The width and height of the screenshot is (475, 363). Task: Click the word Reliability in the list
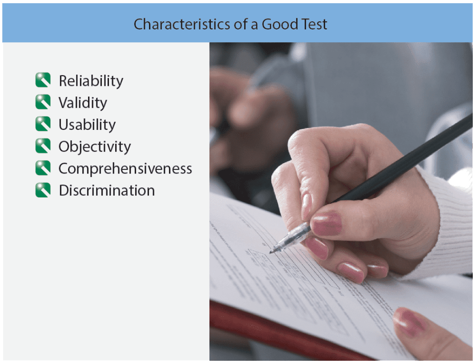[x=91, y=81]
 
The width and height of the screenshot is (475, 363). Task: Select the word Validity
[x=83, y=103]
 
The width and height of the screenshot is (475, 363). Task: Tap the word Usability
[x=87, y=125]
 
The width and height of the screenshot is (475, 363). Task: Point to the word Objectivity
[x=95, y=147]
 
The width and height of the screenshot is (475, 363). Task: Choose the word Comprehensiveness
[x=125, y=169]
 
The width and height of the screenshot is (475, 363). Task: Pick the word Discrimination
[x=107, y=190]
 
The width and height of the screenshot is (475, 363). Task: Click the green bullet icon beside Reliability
[x=43, y=80]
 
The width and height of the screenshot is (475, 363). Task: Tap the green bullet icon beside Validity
[x=43, y=102]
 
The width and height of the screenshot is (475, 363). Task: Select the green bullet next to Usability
[x=43, y=124]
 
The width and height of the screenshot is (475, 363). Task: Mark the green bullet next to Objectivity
[x=43, y=146]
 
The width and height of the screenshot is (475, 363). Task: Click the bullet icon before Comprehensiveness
[x=43, y=168]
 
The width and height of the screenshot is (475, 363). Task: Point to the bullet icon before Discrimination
[x=43, y=190]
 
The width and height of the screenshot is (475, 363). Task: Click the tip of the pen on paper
[x=271, y=252]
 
